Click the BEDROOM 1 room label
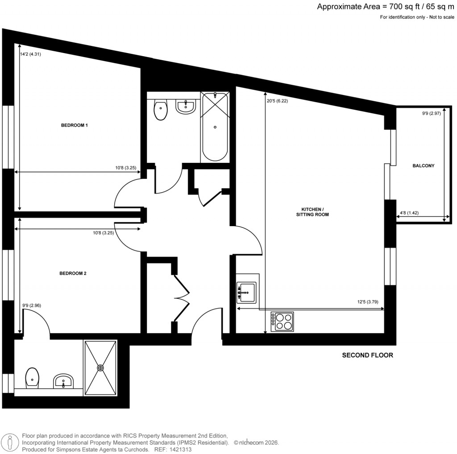point(74,126)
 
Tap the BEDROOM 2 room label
point(73,273)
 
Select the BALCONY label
point(423,166)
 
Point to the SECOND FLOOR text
point(367,355)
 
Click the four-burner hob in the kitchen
point(283,322)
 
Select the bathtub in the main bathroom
point(215,127)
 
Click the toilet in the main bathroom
point(160,110)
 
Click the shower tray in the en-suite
point(100,367)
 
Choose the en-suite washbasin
point(63,381)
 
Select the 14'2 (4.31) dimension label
point(30,54)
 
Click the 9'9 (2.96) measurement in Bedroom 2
point(32,305)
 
